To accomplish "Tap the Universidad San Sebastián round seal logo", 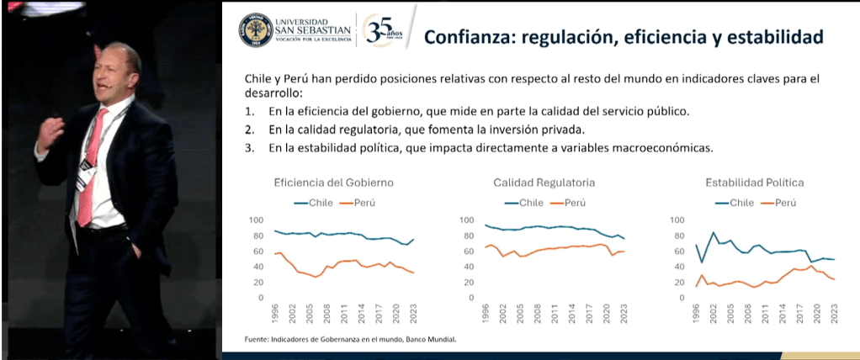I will click(x=256, y=30).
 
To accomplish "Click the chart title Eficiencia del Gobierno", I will click(x=333, y=183).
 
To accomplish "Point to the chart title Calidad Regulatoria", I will click(x=544, y=183).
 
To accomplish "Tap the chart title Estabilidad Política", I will click(x=755, y=183).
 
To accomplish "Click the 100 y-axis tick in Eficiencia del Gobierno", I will click(x=257, y=220).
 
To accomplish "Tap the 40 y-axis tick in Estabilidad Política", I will click(x=679, y=267).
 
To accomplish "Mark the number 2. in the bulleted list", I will click(x=249, y=130).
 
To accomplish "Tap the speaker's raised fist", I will click(x=53, y=129).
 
